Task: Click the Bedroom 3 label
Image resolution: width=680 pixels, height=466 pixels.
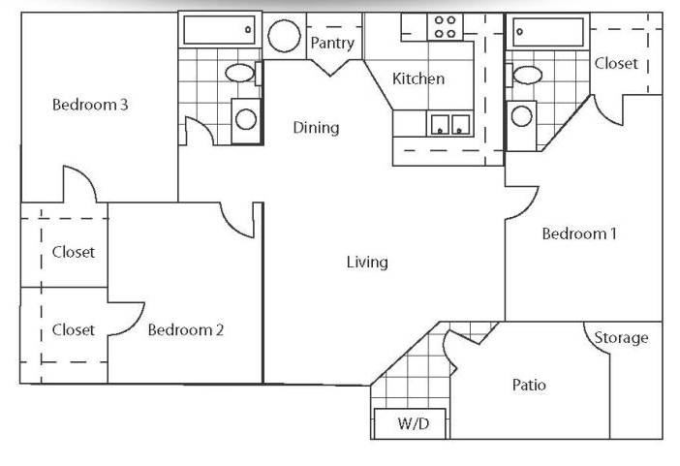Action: pyautogui.click(x=90, y=105)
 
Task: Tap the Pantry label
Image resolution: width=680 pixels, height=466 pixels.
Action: pyautogui.click(x=332, y=43)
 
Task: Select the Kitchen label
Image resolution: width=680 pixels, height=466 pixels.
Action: pyautogui.click(x=418, y=78)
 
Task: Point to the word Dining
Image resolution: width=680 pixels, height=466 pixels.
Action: pyautogui.click(x=316, y=128)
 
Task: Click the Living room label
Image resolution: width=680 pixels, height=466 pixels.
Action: pyautogui.click(x=367, y=263)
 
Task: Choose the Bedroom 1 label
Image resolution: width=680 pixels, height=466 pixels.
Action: pyautogui.click(x=579, y=233)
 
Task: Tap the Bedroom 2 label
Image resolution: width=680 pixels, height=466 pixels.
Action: pyautogui.click(x=186, y=329)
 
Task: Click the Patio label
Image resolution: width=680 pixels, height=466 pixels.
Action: pyautogui.click(x=529, y=385)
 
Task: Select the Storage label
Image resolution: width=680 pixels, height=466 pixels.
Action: pyautogui.click(x=621, y=337)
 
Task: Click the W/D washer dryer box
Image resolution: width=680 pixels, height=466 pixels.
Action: pyautogui.click(x=410, y=423)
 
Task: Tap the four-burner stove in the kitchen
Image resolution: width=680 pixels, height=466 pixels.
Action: pyautogui.click(x=445, y=27)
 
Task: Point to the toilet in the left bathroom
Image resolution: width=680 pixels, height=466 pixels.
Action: pyautogui.click(x=242, y=73)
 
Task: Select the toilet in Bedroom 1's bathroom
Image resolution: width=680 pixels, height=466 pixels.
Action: pyautogui.click(x=525, y=75)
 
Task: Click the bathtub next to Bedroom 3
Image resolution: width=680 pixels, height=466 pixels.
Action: pyautogui.click(x=220, y=30)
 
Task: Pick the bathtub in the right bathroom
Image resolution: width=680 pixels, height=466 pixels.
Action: pyautogui.click(x=548, y=32)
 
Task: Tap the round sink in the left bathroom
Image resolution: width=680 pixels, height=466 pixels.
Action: pyautogui.click(x=246, y=120)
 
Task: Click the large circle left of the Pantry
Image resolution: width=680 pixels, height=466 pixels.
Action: pyautogui.click(x=284, y=36)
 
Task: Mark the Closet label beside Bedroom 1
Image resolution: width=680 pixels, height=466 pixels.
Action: pyautogui.click(x=616, y=63)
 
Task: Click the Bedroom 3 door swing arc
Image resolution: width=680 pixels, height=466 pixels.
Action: pyautogui.click(x=86, y=175)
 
